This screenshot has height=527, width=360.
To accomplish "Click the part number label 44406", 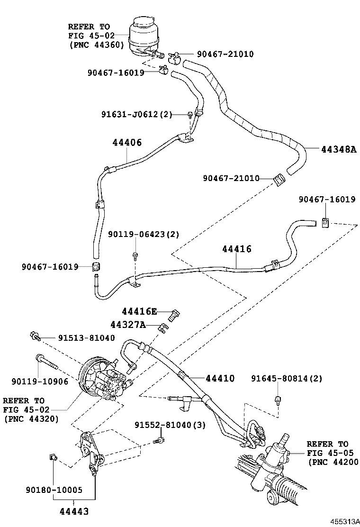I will (x=127, y=142).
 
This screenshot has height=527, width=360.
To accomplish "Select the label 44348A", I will (x=338, y=149).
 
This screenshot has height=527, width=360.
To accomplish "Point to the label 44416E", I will (x=139, y=311).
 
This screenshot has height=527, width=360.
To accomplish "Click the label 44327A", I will (x=127, y=325).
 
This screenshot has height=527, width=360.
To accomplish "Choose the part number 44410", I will (x=220, y=378).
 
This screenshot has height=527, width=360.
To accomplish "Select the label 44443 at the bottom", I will (x=74, y=511).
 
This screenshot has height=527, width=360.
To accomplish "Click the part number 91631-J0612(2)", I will (x=136, y=114).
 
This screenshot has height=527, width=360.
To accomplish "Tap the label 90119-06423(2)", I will (x=144, y=235).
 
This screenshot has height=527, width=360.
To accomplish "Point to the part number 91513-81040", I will (x=86, y=338).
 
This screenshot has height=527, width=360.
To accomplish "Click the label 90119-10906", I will (x=39, y=381).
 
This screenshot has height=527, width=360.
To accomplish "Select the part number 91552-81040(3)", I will (x=170, y=425).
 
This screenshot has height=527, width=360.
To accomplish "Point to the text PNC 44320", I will (x=31, y=419).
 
